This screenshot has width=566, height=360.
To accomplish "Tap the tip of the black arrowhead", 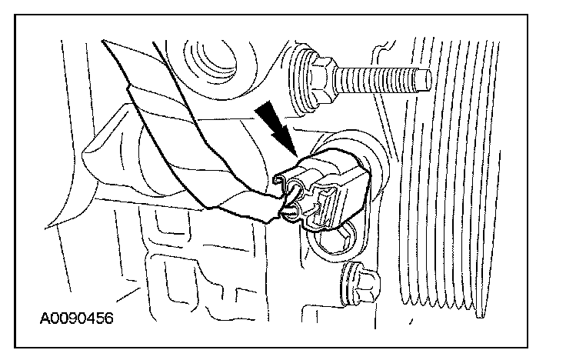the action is [x=295, y=152].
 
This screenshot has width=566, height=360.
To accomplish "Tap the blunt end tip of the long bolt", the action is [x=425, y=77].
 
